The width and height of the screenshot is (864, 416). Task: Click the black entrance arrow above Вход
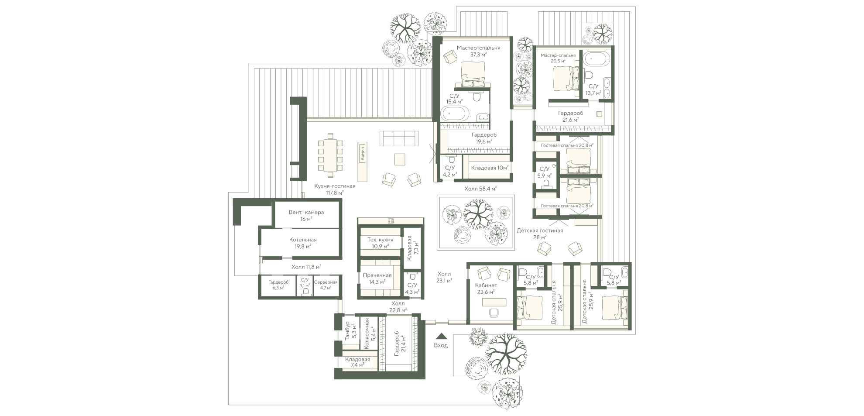[441, 336]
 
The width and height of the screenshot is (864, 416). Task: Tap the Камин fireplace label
[362, 154]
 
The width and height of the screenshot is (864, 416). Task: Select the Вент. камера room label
[306, 213]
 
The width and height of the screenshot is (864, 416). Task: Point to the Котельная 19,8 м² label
[303, 243]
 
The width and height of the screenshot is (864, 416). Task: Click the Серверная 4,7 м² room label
[326, 285]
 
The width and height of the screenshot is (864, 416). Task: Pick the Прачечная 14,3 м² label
[377, 278]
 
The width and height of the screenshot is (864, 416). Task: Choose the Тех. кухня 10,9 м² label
[380, 243]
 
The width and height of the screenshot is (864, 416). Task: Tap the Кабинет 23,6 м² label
[486, 289]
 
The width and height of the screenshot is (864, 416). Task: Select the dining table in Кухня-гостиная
[330, 155]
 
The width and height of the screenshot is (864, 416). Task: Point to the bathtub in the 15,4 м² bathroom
[455, 114]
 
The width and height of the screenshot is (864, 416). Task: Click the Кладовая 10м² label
[490, 168]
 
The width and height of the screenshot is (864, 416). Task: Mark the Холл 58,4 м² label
[481, 189]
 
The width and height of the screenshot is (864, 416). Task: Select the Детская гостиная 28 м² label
[540, 234]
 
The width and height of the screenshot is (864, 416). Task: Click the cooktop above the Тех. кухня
[391, 221]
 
